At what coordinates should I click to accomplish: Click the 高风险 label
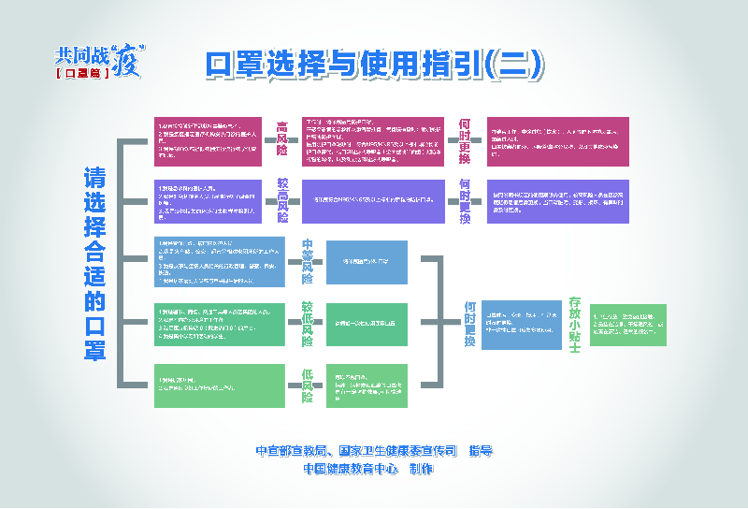point(281,138)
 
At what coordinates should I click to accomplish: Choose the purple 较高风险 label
point(281,199)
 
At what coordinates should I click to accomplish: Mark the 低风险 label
point(307,385)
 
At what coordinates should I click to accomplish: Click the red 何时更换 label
point(465,141)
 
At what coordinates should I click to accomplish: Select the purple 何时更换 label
point(465,199)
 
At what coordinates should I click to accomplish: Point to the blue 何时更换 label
point(469,324)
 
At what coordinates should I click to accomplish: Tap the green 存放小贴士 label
point(575,324)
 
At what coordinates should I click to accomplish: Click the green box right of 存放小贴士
point(628,325)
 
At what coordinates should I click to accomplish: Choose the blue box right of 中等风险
point(367,261)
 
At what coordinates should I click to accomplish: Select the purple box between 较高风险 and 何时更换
point(377,200)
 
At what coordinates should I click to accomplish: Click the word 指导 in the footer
point(481,451)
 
